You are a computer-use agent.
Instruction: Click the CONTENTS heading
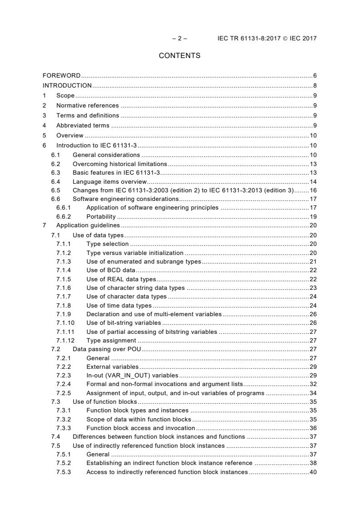(179, 56)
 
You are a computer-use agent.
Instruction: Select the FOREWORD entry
(62, 75)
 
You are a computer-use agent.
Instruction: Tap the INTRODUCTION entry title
(67, 85)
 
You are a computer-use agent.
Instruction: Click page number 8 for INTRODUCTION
(315, 85)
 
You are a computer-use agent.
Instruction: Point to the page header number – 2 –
(179, 38)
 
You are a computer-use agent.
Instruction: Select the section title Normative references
(87, 105)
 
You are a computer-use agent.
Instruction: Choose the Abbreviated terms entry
(83, 125)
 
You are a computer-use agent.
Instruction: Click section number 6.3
(55, 173)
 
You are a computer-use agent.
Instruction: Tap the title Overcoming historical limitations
(120, 163)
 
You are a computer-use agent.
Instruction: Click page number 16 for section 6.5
(313, 190)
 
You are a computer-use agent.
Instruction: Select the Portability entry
(101, 216)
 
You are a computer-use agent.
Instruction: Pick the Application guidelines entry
(88, 225)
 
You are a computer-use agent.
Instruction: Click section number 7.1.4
(64, 270)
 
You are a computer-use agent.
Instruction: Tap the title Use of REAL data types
(121, 279)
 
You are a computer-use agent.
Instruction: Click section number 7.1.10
(65, 323)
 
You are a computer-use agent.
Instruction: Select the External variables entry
(113, 367)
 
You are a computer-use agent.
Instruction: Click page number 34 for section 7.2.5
(313, 393)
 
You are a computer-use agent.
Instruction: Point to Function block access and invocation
(141, 428)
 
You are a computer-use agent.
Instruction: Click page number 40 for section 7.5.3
(313, 472)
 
